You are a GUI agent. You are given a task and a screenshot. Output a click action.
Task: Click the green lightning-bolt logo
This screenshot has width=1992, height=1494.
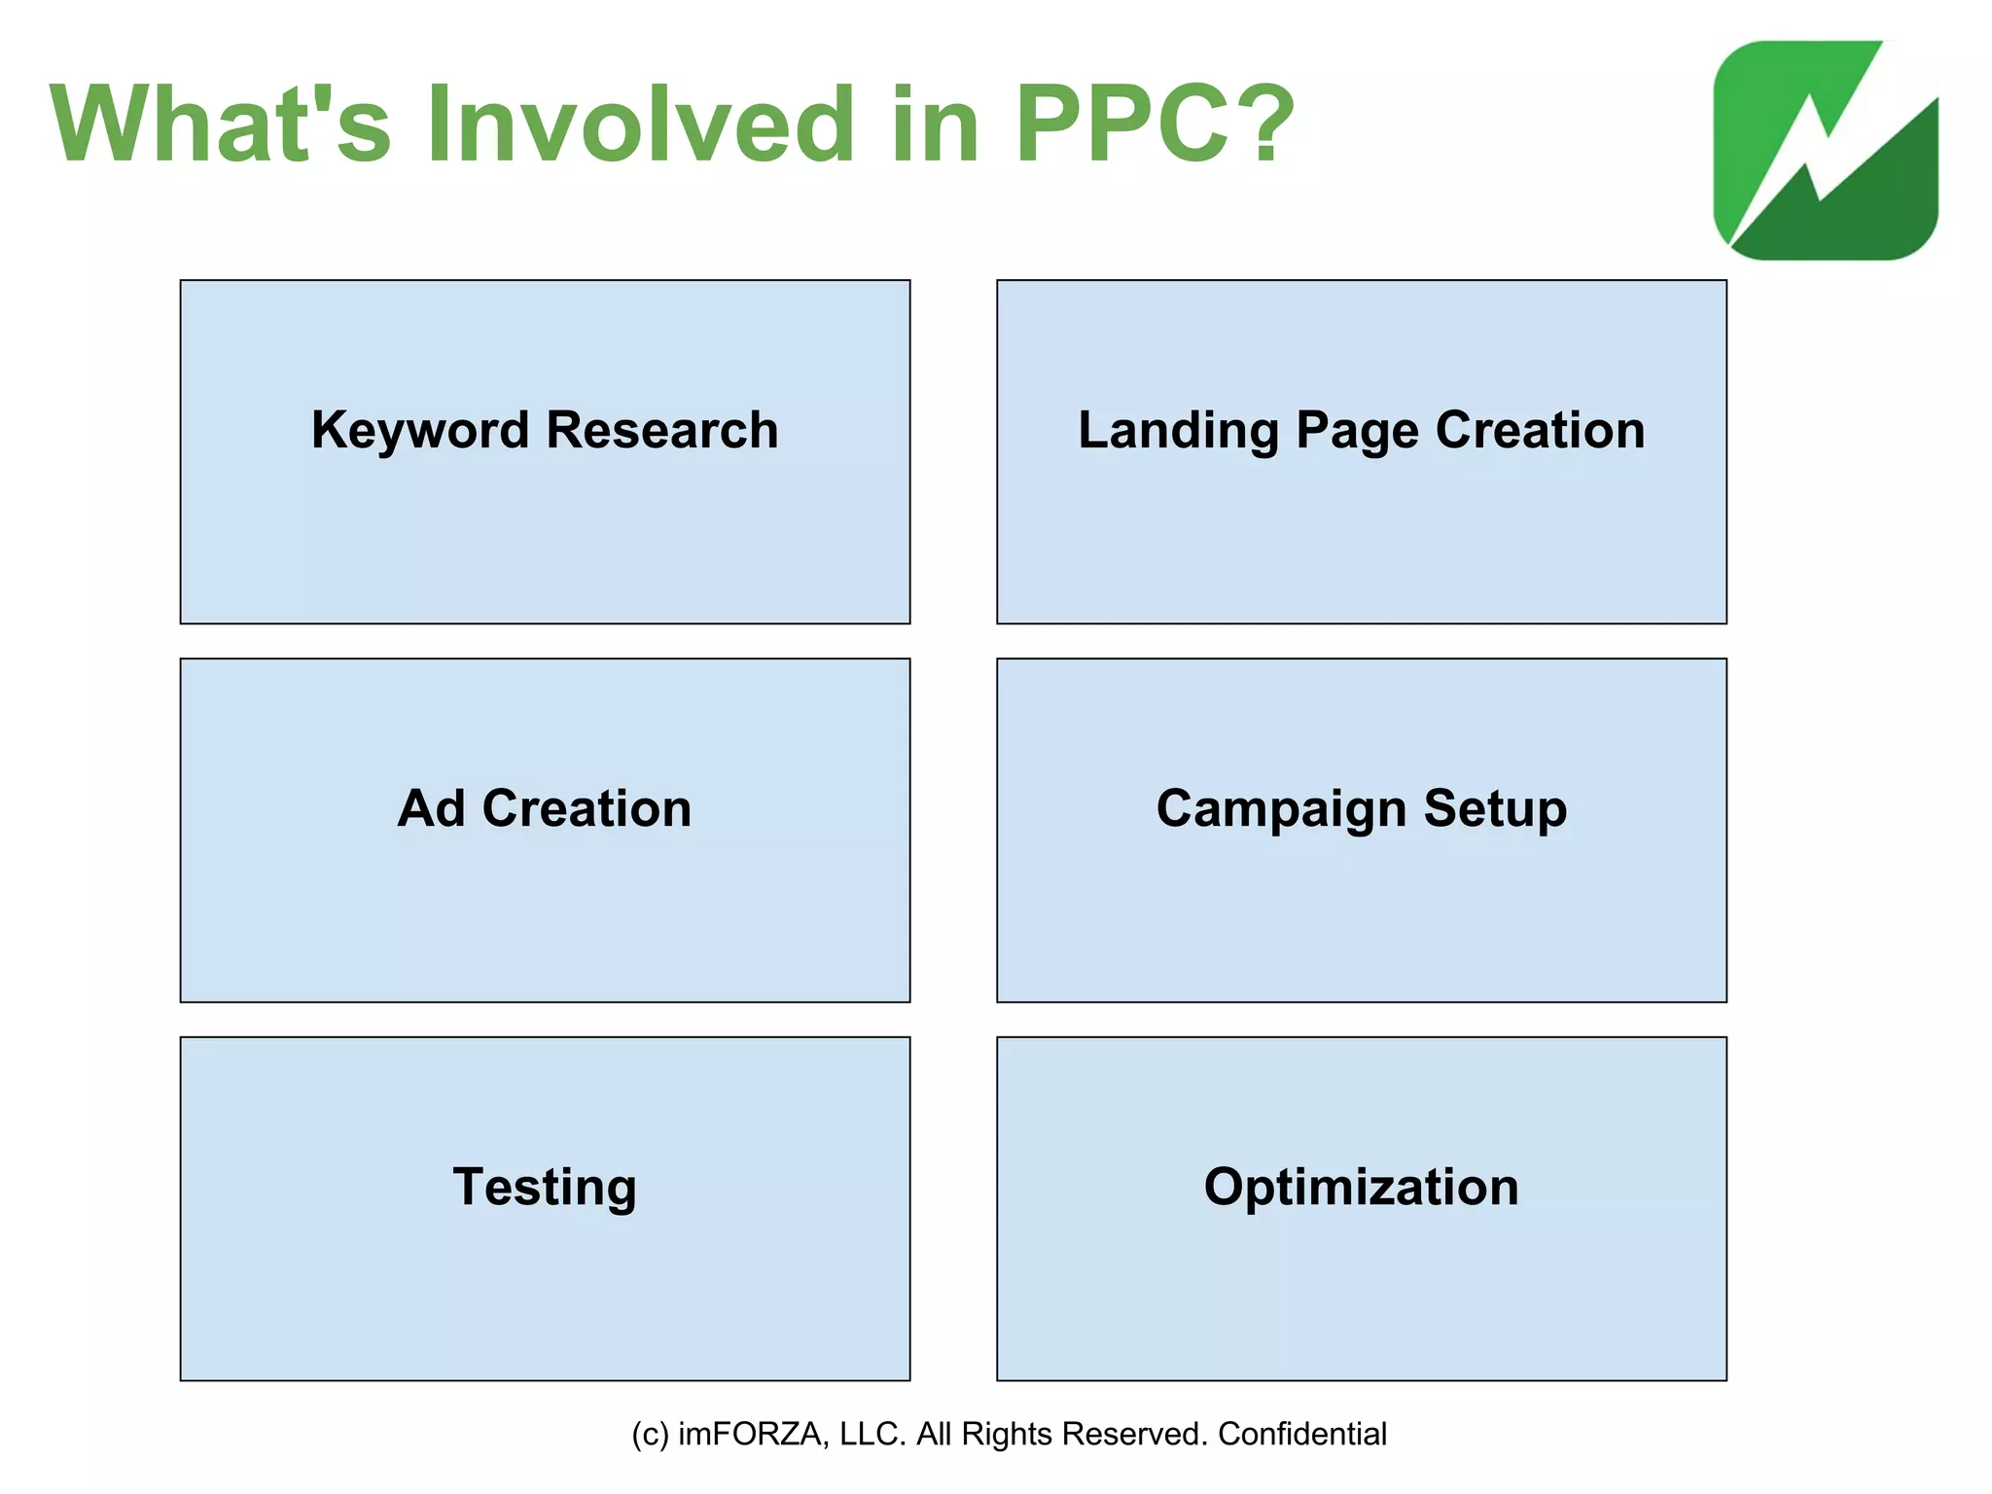point(1826,151)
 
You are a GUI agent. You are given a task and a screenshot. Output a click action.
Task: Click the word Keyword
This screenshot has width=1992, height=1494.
point(421,430)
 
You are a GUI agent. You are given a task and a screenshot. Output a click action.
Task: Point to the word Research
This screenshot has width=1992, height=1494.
point(662,430)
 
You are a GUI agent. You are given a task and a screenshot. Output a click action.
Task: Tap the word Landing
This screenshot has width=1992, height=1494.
point(1178,430)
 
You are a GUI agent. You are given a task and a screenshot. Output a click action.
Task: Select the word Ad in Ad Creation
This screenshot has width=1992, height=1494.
point(431,808)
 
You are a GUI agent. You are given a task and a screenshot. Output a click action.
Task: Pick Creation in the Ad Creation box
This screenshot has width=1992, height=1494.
point(587,808)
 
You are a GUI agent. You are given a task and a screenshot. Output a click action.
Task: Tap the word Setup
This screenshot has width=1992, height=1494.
point(1495,808)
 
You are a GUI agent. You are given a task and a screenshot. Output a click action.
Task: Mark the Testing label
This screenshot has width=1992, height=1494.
point(545,1187)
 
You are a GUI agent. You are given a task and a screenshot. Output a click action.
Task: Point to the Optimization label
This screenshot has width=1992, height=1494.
point(1361,1187)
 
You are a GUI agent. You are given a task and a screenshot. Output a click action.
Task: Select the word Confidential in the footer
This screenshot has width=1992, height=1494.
point(1301,1434)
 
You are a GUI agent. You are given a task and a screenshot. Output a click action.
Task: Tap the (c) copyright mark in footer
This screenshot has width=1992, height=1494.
point(650,1434)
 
